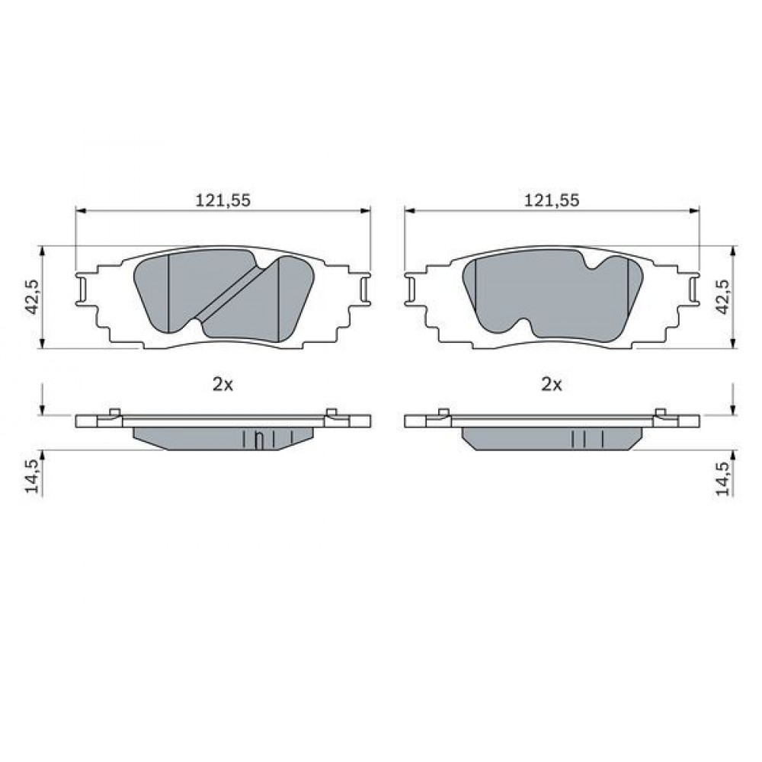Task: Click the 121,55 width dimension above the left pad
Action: click(x=223, y=200)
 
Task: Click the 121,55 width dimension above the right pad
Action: click(x=552, y=200)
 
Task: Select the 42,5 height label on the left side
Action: click(x=33, y=296)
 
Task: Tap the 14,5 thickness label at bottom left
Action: click(x=33, y=477)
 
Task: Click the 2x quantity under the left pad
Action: click(x=223, y=384)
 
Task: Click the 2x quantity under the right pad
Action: click(x=552, y=384)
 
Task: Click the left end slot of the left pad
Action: click(x=82, y=290)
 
